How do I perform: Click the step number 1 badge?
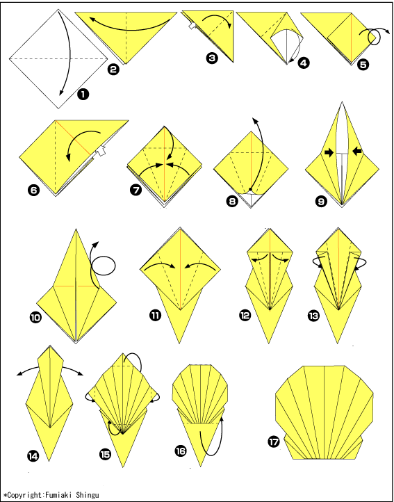coord(83,95)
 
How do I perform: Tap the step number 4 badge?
coord(304,63)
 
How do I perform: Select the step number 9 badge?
coord(321,201)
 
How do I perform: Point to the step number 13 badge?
coord(313,316)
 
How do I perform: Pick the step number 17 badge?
coord(274,442)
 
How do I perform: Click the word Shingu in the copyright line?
coord(88,495)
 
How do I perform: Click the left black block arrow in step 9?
coord(329,153)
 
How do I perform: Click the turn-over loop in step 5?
coord(374,37)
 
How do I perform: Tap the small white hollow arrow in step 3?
coord(192,26)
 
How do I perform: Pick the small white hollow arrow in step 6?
coord(101,151)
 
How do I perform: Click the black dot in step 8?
coord(252,189)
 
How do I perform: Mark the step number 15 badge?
coord(105,453)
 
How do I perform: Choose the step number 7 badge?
coord(136,191)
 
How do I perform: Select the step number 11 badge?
coord(155,316)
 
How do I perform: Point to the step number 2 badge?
coord(113,69)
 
